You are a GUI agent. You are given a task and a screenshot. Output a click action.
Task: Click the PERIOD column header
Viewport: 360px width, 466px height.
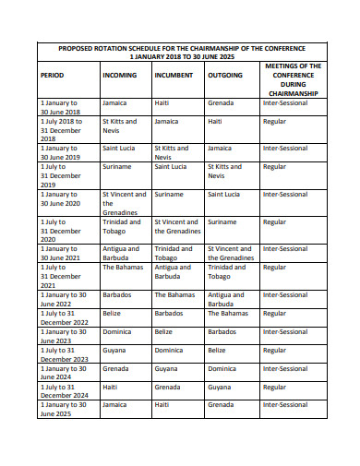tap(52, 75)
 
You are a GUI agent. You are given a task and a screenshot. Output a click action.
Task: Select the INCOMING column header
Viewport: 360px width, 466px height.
tap(120, 75)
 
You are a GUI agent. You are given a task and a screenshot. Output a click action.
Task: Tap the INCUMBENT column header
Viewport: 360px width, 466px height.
tap(174, 75)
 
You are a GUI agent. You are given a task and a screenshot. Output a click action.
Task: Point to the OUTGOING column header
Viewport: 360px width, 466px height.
tap(225, 75)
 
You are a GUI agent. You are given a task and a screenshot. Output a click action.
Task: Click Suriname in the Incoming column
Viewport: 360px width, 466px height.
tap(116, 167)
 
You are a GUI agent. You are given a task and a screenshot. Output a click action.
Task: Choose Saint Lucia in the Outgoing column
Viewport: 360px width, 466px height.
tap(223, 195)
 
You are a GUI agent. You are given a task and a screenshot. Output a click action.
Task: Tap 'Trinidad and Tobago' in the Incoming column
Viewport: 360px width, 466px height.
tap(121, 227)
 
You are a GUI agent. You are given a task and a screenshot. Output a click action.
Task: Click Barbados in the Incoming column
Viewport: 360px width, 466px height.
tap(118, 294)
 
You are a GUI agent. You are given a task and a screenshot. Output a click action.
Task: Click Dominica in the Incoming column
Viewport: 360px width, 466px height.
tap(118, 331)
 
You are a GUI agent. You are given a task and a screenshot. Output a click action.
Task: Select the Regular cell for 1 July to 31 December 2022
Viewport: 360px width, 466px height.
tap(274, 313)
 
